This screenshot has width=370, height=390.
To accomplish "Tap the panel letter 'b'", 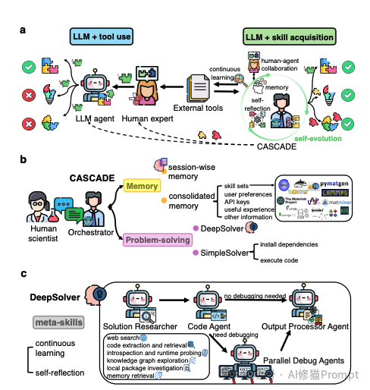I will (24, 162).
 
